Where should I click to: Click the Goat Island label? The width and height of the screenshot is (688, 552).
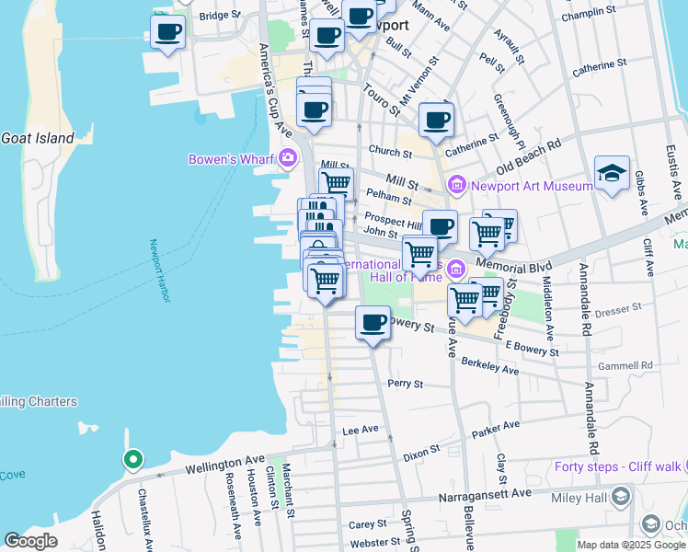37,138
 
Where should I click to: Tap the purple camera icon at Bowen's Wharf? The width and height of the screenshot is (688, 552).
287,158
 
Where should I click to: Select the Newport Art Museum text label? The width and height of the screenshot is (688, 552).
533,186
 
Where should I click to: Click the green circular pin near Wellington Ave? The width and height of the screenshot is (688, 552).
132,459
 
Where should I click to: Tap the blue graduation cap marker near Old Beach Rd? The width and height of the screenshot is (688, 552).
612,174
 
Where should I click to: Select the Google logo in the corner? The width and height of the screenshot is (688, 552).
31,541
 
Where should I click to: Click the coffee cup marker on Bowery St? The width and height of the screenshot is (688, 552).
373,323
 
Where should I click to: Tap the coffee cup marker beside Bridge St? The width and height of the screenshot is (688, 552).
167,33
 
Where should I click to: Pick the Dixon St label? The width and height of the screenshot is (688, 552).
422,454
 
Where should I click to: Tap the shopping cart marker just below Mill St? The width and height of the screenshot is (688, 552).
337,184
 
